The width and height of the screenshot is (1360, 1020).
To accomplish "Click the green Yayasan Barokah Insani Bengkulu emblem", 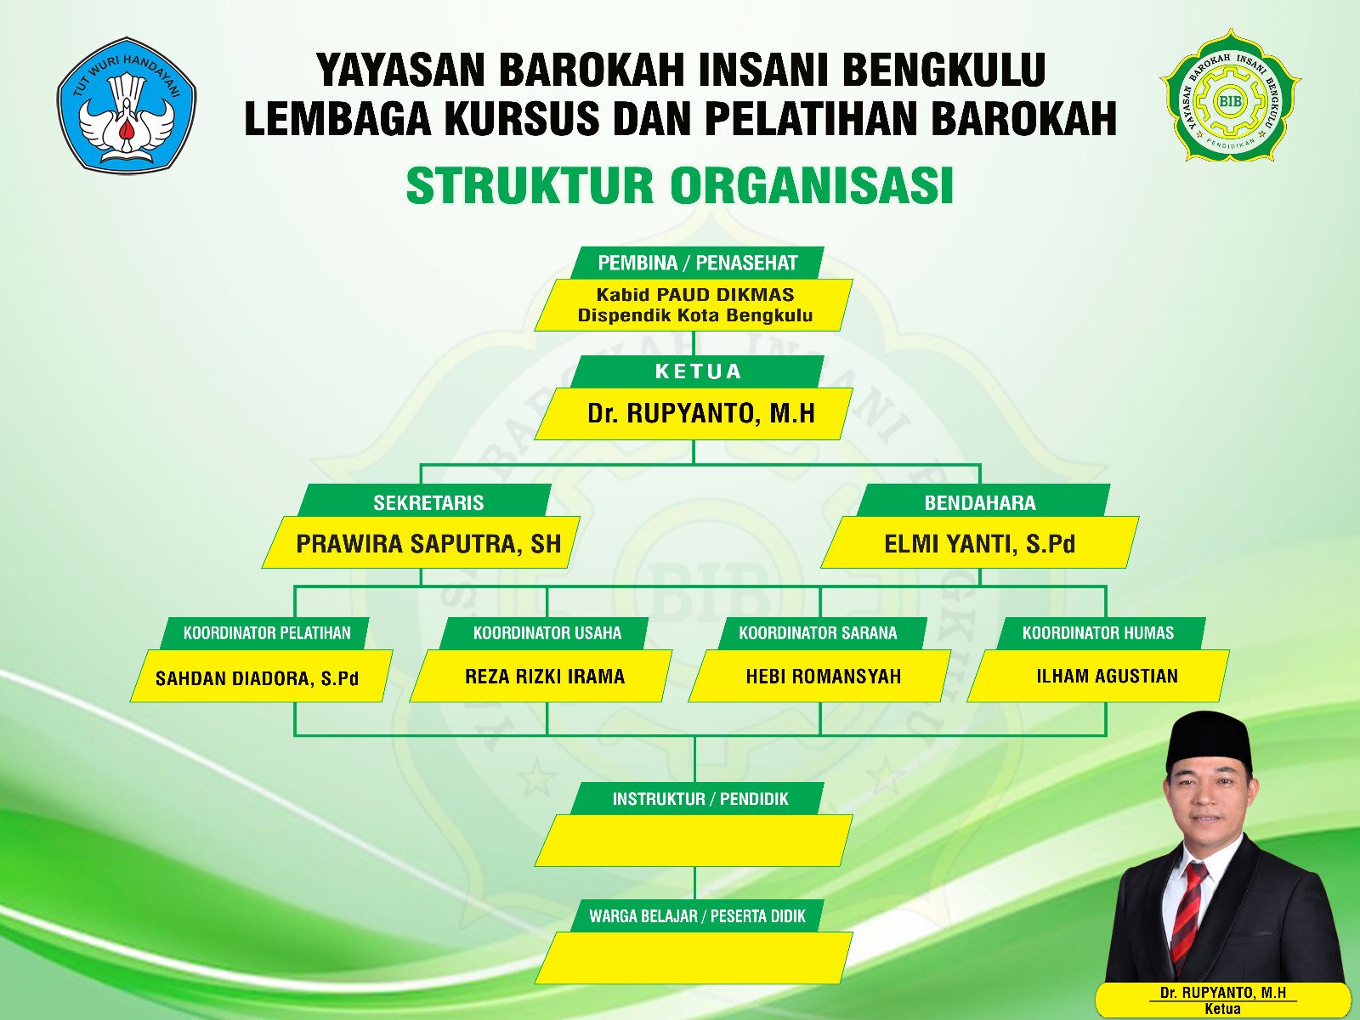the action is (x=1230, y=95).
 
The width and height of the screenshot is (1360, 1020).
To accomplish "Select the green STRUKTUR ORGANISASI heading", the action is (x=680, y=185).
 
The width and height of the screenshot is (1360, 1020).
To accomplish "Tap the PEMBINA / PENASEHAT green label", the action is (x=697, y=263).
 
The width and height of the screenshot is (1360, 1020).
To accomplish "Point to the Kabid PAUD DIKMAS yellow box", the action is (x=694, y=304).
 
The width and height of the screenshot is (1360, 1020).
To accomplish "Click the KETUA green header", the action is (x=697, y=371).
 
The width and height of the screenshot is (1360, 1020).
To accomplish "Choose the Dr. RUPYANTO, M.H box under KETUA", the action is (x=694, y=414).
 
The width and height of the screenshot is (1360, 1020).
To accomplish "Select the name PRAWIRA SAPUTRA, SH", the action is (x=428, y=544).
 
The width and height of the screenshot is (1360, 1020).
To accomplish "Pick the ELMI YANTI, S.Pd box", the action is (x=980, y=542).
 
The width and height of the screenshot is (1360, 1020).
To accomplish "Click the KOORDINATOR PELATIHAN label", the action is (x=265, y=633).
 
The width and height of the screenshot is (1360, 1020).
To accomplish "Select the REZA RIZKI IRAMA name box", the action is (x=541, y=676).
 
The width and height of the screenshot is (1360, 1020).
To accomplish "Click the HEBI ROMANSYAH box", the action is (x=819, y=676).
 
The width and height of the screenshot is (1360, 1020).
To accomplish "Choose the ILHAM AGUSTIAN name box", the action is (x=1098, y=676).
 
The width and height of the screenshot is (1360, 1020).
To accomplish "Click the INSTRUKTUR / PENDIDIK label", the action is (x=697, y=799).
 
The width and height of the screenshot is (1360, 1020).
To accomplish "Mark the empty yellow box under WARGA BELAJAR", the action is (x=694, y=957).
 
